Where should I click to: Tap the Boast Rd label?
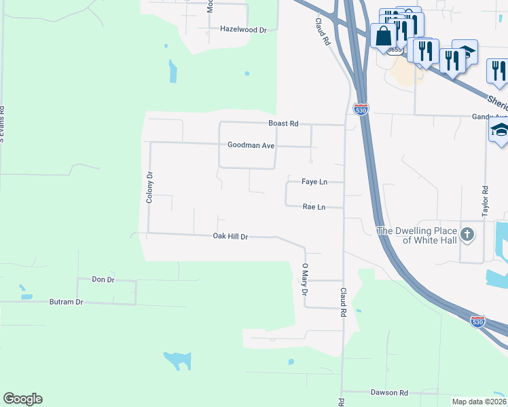pyautogui.click(x=283, y=123)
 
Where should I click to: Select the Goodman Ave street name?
pyautogui.click(x=251, y=145)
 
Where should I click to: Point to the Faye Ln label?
pyautogui.click(x=314, y=182)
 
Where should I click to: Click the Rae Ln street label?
pyautogui.click(x=313, y=206)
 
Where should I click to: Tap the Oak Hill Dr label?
pyautogui.click(x=230, y=236)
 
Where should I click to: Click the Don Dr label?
pyautogui.click(x=103, y=279)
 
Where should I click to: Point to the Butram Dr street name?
pyautogui.click(x=66, y=302)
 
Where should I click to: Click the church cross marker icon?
pyautogui.click(x=467, y=235)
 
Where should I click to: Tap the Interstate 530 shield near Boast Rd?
pyautogui.click(x=361, y=109)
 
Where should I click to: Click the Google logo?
pyautogui.click(x=22, y=399)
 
